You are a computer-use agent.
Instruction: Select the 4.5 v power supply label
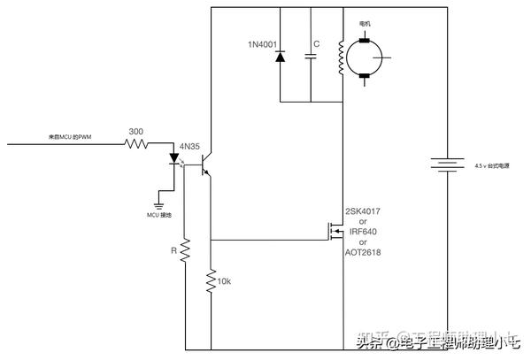coord(492,165)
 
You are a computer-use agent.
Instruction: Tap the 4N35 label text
coord(190,145)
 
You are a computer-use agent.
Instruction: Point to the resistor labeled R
coord(186,251)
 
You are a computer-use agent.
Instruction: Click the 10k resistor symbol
coord(212,281)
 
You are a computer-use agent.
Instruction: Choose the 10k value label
coord(225,281)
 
